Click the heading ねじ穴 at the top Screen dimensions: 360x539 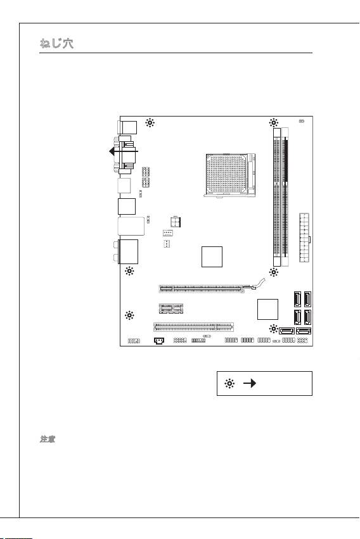click(x=56, y=44)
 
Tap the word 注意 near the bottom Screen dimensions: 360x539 click(x=48, y=439)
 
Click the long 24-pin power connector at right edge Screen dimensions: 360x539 click(x=304, y=238)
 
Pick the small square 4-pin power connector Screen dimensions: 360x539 click(x=176, y=222)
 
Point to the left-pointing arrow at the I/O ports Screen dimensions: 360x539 click(x=123, y=151)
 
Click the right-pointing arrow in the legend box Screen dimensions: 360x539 click(x=250, y=383)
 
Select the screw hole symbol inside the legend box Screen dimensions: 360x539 click(x=229, y=383)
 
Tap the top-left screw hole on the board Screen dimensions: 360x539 click(x=150, y=123)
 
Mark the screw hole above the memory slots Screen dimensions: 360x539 click(x=274, y=123)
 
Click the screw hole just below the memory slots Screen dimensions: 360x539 click(x=274, y=272)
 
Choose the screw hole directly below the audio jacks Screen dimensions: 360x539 click(x=130, y=271)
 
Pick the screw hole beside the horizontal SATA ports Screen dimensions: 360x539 click(x=274, y=329)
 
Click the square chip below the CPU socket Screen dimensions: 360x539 click(x=212, y=257)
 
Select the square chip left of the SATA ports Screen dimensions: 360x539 click(x=268, y=309)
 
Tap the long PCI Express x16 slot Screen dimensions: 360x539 click(x=207, y=288)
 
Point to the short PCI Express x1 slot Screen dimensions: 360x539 click(x=171, y=308)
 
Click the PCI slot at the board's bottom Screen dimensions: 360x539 click(x=193, y=327)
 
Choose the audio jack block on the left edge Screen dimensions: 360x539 click(x=128, y=251)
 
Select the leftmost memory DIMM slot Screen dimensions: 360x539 click(x=277, y=198)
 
